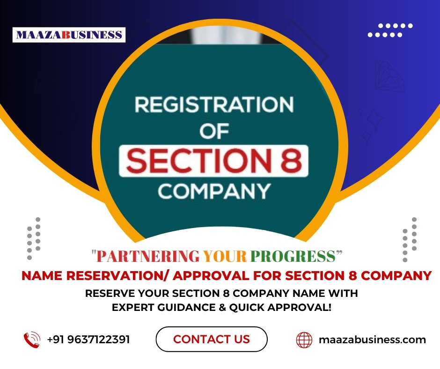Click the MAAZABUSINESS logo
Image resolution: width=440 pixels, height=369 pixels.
click(69, 35)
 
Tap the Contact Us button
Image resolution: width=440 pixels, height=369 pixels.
click(212, 339)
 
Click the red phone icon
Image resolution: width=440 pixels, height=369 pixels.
click(32, 339)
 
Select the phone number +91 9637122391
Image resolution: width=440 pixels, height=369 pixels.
click(88, 339)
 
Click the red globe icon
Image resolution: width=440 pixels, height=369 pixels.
click(304, 339)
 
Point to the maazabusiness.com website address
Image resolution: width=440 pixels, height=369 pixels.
click(373, 339)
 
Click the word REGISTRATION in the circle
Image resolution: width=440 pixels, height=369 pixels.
click(214, 104)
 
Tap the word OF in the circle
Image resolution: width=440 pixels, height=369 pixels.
click(214, 131)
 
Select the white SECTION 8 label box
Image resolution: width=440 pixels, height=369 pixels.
click(214, 161)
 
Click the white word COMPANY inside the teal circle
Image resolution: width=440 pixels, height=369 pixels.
click(214, 192)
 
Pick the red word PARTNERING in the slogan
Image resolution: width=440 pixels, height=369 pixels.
click(148, 256)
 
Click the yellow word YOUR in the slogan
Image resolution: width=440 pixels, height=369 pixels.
click(225, 256)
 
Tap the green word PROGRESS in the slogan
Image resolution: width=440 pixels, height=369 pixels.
click(293, 256)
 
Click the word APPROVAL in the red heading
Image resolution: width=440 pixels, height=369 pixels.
click(211, 276)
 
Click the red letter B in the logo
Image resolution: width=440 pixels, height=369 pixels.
click(66, 35)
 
